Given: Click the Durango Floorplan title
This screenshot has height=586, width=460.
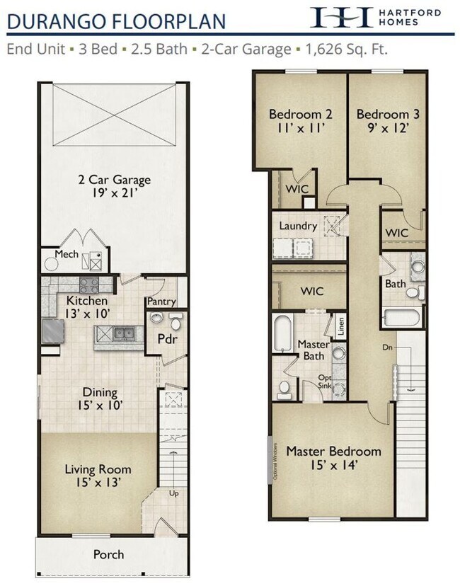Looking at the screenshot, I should [x=117, y=21].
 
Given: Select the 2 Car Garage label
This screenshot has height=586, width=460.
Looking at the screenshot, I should [x=114, y=180].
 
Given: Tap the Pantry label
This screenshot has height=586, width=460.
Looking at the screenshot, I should [x=161, y=302].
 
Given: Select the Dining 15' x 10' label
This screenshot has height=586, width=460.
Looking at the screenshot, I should [x=100, y=399].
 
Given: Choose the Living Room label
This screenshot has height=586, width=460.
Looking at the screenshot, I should [x=98, y=469].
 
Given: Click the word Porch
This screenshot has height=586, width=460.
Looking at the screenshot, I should [x=109, y=554].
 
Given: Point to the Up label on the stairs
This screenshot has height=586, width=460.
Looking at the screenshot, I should [x=174, y=493].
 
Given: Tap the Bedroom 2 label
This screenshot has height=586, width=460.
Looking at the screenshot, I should [x=301, y=114].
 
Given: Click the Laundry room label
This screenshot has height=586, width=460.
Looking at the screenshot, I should [x=297, y=226].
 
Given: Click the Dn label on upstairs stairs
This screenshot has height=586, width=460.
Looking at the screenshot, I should [x=386, y=347].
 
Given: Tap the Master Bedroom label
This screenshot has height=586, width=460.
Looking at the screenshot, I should [x=333, y=451].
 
